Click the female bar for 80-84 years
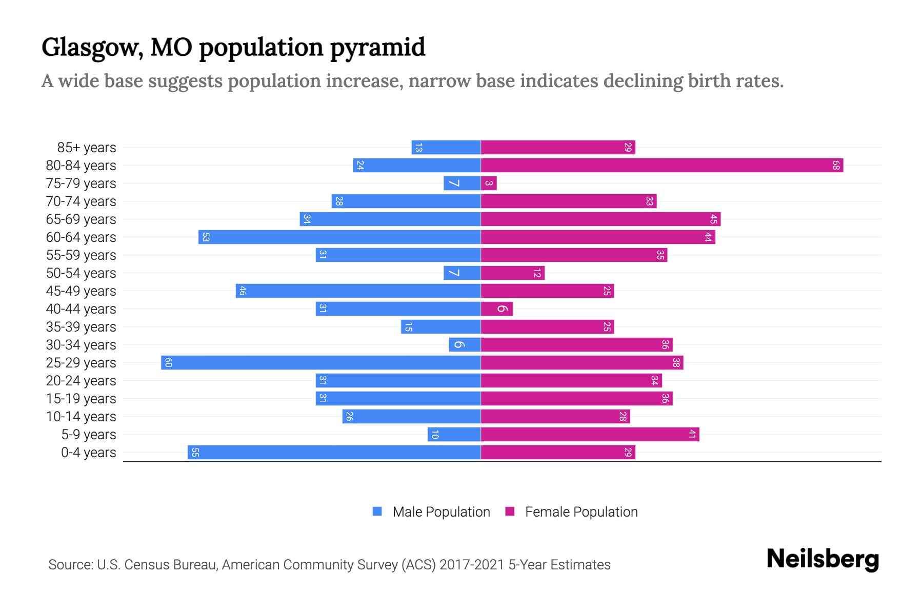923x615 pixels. pyautogui.click(x=661, y=166)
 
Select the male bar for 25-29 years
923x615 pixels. pyautogui.click(x=320, y=363)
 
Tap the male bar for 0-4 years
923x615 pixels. pyautogui.click(x=334, y=453)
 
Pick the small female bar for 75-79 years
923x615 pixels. pyautogui.click(x=489, y=183)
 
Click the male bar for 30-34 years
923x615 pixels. pyautogui.click(x=465, y=345)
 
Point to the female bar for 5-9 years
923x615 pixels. pyautogui.click(x=590, y=435)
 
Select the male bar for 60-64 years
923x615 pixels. pyautogui.click(x=339, y=237)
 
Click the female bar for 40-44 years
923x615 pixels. pyautogui.click(x=496, y=309)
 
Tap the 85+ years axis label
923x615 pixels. pyautogui.click(x=87, y=148)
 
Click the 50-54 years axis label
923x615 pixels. pyautogui.click(x=81, y=273)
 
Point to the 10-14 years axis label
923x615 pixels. pyautogui.click(x=81, y=417)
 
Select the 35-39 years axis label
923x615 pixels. pyautogui.click(x=81, y=327)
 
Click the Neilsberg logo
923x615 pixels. pyautogui.click(x=822, y=559)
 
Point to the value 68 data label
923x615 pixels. pyautogui.click(x=836, y=166)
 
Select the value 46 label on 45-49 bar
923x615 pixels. pyautogui.click(x=243, y=291)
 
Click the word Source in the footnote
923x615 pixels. pyautogui.click(x=70, y=565)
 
